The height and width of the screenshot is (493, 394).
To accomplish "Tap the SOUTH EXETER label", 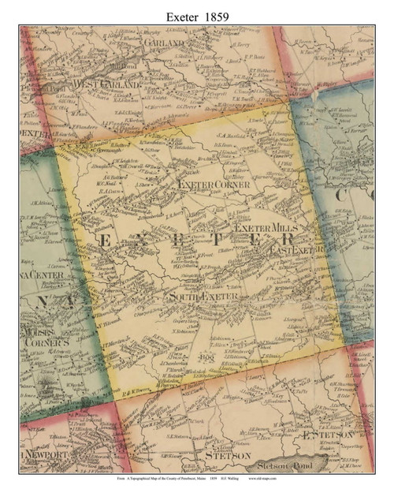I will [203, 297].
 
